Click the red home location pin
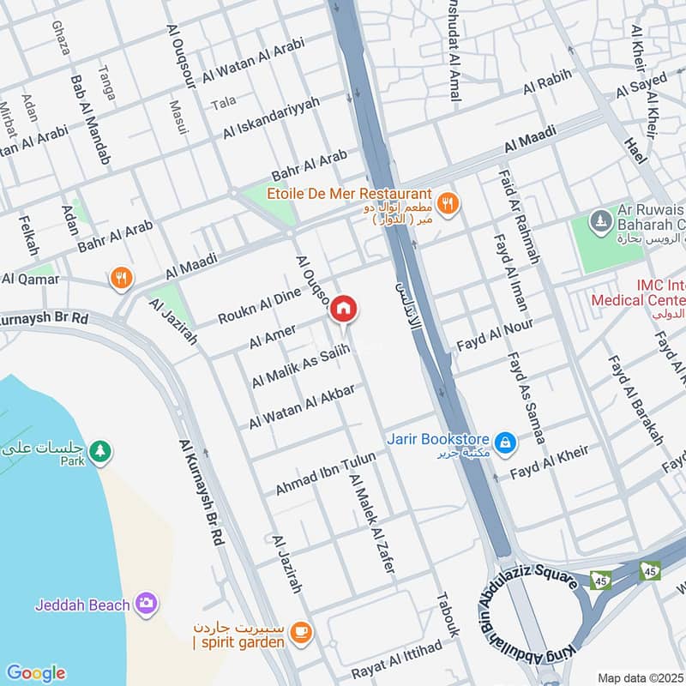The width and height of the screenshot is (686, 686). tap(344, 309)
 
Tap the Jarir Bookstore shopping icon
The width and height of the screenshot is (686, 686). tap(506, 442)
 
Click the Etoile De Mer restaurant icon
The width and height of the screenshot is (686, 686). tap(446, 204)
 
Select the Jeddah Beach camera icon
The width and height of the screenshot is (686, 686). tap(147, 604)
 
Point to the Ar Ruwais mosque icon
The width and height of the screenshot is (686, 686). tap(599, 221)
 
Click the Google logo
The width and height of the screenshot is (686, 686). tap(35, 673)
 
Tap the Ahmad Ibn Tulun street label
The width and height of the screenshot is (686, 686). tap(325, 473)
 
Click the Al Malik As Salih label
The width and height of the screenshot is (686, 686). tap(301, 366)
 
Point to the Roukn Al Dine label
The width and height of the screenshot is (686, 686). tap(259, 305)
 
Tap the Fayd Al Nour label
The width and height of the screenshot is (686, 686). tap(494, 334)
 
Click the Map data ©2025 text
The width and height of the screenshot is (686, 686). tap(639, 677)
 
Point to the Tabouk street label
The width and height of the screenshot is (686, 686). tap(448, 614)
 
